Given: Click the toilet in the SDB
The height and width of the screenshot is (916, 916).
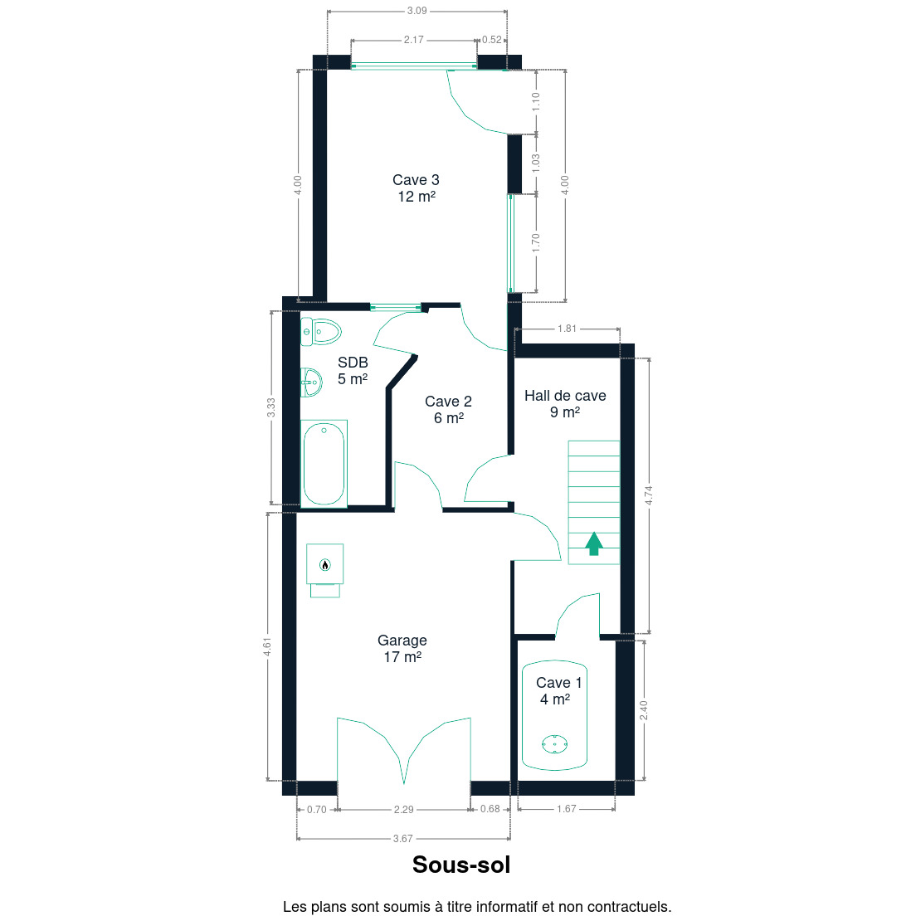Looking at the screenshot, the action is [x=321, y=332].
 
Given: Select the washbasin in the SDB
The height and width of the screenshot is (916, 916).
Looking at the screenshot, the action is [x=311, y=382].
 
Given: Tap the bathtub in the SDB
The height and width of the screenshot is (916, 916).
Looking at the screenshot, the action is [x=324, y=463].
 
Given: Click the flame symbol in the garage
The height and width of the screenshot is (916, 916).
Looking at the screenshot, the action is [x=325, y=564].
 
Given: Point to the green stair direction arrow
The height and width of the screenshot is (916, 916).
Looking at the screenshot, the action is [x=594, y=543].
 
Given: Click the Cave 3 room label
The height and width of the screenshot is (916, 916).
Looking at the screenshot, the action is [x=416, y=188].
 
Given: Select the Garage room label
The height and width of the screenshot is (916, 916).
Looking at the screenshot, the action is [x=402, y=649].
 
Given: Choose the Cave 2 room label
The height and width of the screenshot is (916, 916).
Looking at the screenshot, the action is [x=448, y=410].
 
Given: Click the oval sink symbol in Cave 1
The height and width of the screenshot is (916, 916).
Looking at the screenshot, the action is [x=554, y=744].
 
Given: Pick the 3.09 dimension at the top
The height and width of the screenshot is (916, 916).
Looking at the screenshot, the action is [x=417, y=11].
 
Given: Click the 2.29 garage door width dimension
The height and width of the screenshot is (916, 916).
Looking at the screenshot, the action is [x=404, y=809].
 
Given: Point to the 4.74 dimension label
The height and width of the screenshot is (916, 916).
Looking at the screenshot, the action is [x=649, y=495].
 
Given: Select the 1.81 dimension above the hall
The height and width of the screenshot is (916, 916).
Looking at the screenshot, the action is [x=567, y=329].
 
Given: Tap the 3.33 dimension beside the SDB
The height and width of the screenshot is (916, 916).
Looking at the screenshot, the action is [x=271, y=407].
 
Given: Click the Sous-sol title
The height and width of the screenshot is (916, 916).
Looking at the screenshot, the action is [x=461, y=865].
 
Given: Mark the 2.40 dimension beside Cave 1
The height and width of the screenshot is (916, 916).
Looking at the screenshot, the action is [x=644, y=710].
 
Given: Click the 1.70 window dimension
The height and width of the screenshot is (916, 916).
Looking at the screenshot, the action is [x=536, y=243].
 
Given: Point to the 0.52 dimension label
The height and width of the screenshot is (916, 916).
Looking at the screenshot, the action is [x=492, y=40].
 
